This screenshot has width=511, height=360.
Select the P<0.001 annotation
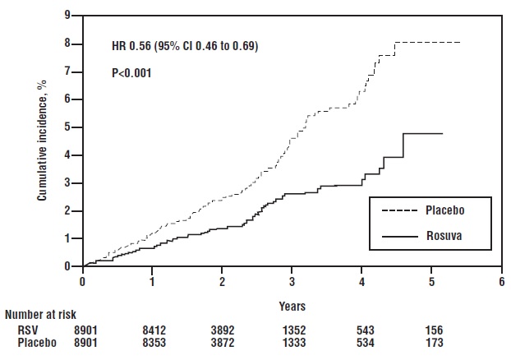[x=131, y=73]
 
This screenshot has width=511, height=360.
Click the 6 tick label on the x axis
[x=501, y=281]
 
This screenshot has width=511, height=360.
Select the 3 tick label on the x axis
[x=292, y=281]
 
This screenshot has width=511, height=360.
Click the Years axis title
[x=292, y=306]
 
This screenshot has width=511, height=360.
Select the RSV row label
[x=27, y=329]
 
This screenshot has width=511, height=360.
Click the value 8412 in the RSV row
[x=152, y=329]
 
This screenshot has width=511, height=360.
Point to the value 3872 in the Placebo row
[x=222, y=341]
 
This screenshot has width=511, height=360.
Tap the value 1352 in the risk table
[x=292, y=329]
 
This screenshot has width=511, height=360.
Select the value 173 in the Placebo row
[x=431, y=341]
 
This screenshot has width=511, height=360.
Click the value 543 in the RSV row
[x=361, y=329]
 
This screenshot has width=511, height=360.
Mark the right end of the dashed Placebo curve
[x=460, y=42]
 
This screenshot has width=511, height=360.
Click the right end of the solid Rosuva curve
[x=443, y=133]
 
